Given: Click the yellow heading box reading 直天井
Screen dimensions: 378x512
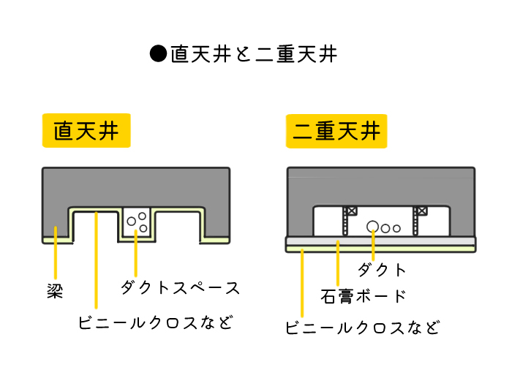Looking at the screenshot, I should (x=86, y=132).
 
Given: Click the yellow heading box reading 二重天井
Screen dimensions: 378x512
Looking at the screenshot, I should (x=336, y=132).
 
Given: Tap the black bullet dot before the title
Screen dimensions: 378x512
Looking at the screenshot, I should (x=158, y=54).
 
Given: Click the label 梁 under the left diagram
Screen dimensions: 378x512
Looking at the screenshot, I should (x=55, y=292).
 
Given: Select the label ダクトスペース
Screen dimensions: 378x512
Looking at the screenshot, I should (x=181, y=287).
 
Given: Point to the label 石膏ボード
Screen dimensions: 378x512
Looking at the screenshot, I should (x=364, y=296).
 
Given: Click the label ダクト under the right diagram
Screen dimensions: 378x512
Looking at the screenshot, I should (x=381, y=269).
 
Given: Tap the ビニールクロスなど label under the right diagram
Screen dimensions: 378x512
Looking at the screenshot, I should (x=364, y=327).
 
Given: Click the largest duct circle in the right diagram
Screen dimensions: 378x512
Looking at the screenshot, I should (x=373, y=226).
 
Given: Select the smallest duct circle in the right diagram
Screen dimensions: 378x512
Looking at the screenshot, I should (x=396, y=228).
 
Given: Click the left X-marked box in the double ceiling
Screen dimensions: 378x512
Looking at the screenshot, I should (x=351, y=212).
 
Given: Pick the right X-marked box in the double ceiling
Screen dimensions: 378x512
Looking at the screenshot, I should (x=422, y=212).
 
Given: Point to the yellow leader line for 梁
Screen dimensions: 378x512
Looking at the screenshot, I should (x=56, y=259).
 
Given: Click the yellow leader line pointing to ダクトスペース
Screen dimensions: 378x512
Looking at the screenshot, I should (x=136, y=256).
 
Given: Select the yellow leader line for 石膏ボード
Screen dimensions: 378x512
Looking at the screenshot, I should (x=337, y=263).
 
